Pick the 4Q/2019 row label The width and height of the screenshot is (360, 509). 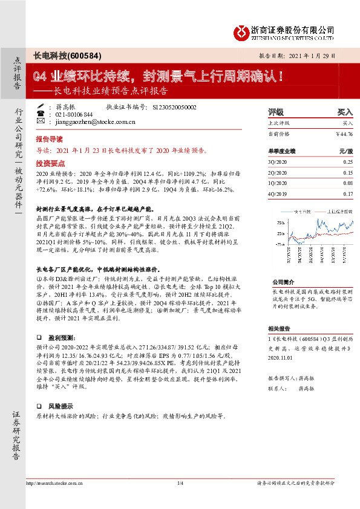[277, 193]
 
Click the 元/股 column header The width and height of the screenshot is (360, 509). [346, 151]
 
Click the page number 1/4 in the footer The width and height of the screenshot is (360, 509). [180, 483]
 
